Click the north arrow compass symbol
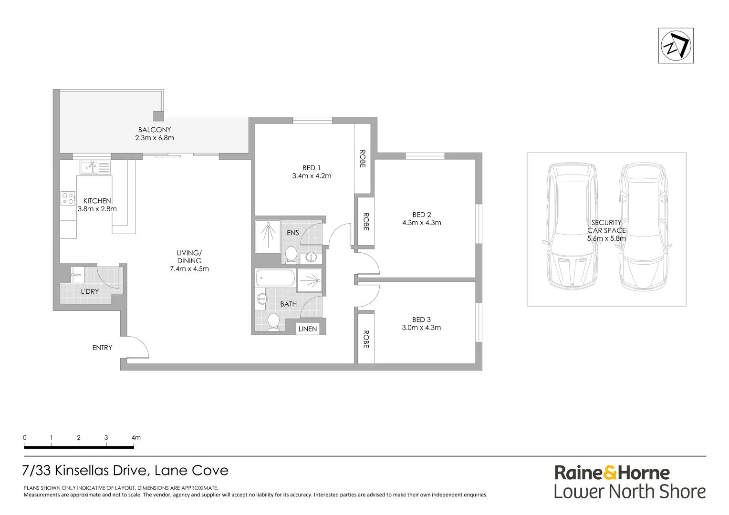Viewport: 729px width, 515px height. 676,46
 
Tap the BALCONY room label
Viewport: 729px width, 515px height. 154,130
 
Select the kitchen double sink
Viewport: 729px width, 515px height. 89,167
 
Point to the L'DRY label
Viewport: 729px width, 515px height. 90,291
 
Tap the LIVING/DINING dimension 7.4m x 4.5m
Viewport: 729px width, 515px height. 189,269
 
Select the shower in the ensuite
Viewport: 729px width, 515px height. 268,236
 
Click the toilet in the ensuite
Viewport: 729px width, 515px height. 291,255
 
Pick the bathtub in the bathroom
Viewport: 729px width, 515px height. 275,278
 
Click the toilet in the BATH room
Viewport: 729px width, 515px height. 273,322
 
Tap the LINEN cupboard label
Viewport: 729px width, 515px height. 307,329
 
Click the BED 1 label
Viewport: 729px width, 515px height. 312,168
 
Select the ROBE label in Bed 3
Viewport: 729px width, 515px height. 366,339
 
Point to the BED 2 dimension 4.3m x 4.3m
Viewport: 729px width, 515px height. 421,223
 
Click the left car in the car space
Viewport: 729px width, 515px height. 571,227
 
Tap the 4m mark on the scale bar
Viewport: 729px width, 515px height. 135,438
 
